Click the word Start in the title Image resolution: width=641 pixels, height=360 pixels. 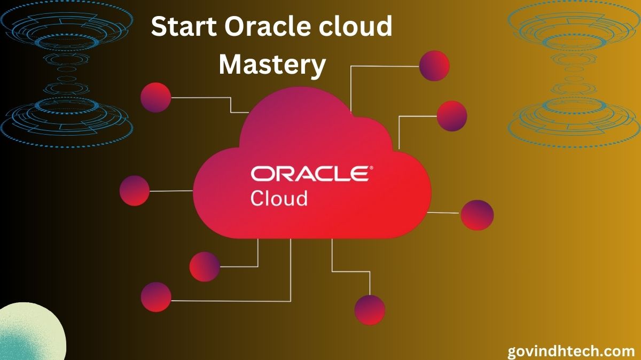click(x=184, y=26)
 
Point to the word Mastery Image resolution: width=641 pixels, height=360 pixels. click(x=272, y=65)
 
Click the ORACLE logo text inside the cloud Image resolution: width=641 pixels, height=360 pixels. click(x=310, y=174)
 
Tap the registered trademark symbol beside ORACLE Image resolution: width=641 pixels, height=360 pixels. click(x=371, y=168)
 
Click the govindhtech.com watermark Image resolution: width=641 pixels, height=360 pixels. click(x=571, y=351)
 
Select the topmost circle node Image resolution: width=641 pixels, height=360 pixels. click(x=434, y=66)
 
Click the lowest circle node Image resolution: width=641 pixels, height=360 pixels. click(x=370, y=310)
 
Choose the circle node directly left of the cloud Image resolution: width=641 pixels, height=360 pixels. click(x=135, y=191)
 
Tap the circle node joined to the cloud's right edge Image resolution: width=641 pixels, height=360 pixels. click(x=477, y=215)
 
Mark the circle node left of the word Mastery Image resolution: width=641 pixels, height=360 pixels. click(x=155, y=98)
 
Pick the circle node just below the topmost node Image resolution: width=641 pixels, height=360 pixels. click(x=452, y=116)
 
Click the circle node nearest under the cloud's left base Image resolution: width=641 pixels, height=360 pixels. click(x=205, y=267)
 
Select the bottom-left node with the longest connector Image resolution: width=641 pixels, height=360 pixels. click(x=156, y=297)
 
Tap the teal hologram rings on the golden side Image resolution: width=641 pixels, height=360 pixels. click(x=574, y=74)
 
